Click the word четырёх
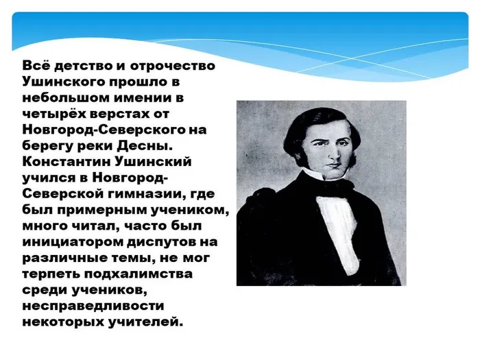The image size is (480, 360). coord(56,113)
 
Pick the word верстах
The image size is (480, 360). coord(125,113)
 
